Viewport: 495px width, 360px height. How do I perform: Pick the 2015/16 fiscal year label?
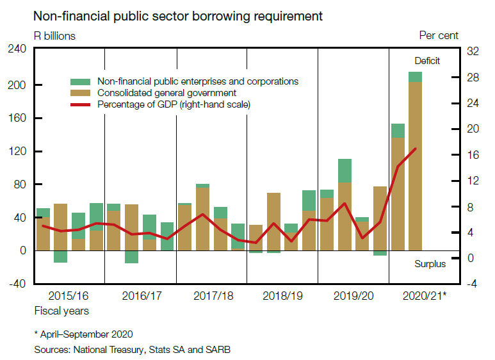[68, 296]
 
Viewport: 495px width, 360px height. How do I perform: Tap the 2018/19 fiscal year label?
[282, 296]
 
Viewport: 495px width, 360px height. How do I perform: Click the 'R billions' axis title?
[54, 36]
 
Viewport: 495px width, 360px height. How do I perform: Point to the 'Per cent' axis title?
[439, 36]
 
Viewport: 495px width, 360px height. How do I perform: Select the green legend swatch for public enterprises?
[81, 82]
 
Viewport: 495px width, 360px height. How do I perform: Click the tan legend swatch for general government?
[81, 93]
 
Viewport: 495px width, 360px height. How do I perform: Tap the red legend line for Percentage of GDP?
[81, 104]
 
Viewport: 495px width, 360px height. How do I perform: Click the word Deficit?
[427, 61]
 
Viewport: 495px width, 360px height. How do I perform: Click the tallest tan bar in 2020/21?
[416, 167]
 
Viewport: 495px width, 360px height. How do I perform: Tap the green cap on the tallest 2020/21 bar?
[416, 77]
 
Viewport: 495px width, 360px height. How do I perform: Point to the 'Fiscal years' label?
[61, 311]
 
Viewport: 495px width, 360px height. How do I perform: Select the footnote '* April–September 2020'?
[83, 334]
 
